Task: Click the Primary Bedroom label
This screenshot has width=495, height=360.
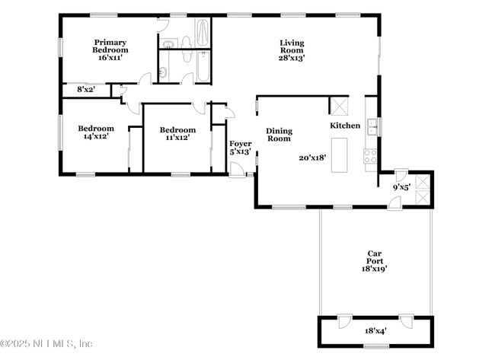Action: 110,46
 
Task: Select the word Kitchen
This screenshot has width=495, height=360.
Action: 345,125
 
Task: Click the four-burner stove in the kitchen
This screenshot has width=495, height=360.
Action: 371,157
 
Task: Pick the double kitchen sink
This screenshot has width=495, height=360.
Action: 372,126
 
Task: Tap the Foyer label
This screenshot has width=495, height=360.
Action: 241,144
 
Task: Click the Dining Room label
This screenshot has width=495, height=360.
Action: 279,135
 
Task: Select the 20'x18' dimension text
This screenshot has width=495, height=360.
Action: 312,158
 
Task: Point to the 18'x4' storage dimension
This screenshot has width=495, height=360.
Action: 375,331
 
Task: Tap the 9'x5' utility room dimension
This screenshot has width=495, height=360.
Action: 401,186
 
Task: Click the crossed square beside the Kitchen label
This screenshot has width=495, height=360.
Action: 339,106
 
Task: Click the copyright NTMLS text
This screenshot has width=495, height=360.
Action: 46,344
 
